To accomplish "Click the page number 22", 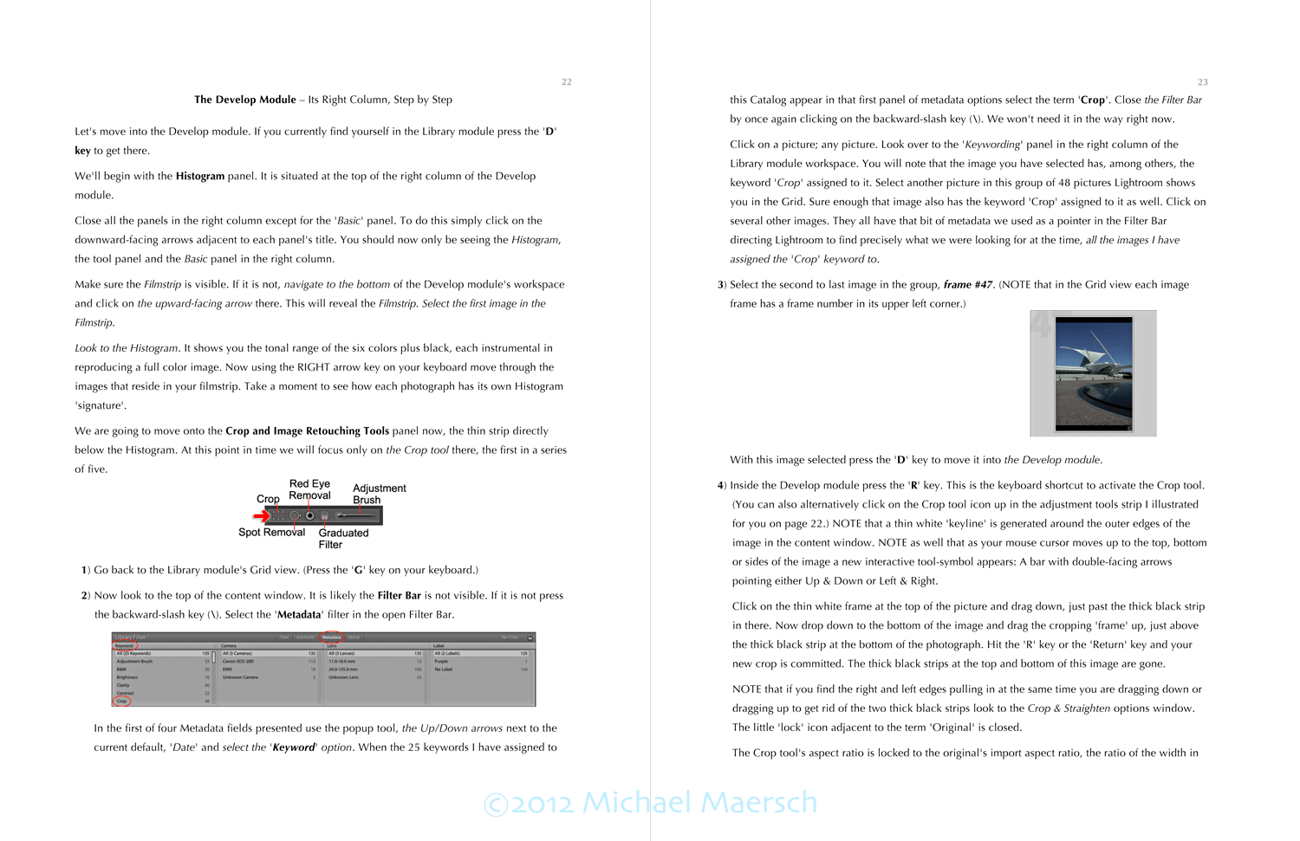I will (x=566, y=82).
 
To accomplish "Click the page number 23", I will (x=1202, y=82).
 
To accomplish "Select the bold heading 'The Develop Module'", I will (x=245, y=100).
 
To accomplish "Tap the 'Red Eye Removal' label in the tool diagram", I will (x=309, y=489).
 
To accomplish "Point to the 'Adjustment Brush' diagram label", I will (x=379, y=494).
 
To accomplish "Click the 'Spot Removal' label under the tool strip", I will (x=271, y=533).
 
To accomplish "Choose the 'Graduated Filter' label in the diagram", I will (x=342, y=539).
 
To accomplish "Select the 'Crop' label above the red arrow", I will (x=268, y=499).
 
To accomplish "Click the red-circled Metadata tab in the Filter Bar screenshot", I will (x=332, y=637).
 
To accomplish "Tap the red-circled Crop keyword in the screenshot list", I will (x=121, y=701).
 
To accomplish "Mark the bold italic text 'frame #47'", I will (x=968, y=285).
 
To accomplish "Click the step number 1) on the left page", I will (x=86, y=570).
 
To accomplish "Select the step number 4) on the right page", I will (x=722, y=486).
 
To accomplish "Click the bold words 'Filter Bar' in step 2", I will (x=399, y=596).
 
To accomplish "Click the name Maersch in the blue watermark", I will (x=758, y=803).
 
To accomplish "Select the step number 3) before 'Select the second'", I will (x=722, y=285).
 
